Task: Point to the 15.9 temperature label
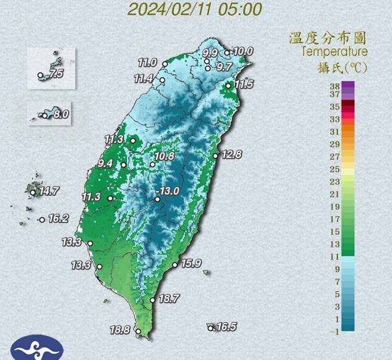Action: pyautogui.click(x=189, y=263)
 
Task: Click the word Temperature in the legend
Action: pyautogui.click(x=335, y=52)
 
